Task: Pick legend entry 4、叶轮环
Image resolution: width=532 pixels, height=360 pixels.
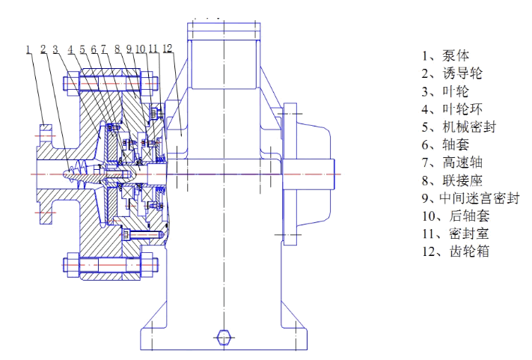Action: coord(451,109)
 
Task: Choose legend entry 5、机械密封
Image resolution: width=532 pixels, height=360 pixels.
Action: coord(457,127)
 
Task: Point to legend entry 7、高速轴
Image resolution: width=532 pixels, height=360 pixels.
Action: coord(451,162)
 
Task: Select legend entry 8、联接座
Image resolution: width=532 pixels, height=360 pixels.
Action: coord(451,180)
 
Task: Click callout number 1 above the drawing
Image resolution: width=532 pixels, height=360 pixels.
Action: coord(28,49)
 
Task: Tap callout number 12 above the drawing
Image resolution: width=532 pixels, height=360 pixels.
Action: coord(167,49)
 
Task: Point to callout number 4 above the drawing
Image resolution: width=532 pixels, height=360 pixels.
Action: coord(70,49)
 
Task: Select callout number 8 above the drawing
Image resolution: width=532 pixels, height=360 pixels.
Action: coord(117,49)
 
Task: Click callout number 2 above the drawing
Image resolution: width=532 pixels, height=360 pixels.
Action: coord(43,49)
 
